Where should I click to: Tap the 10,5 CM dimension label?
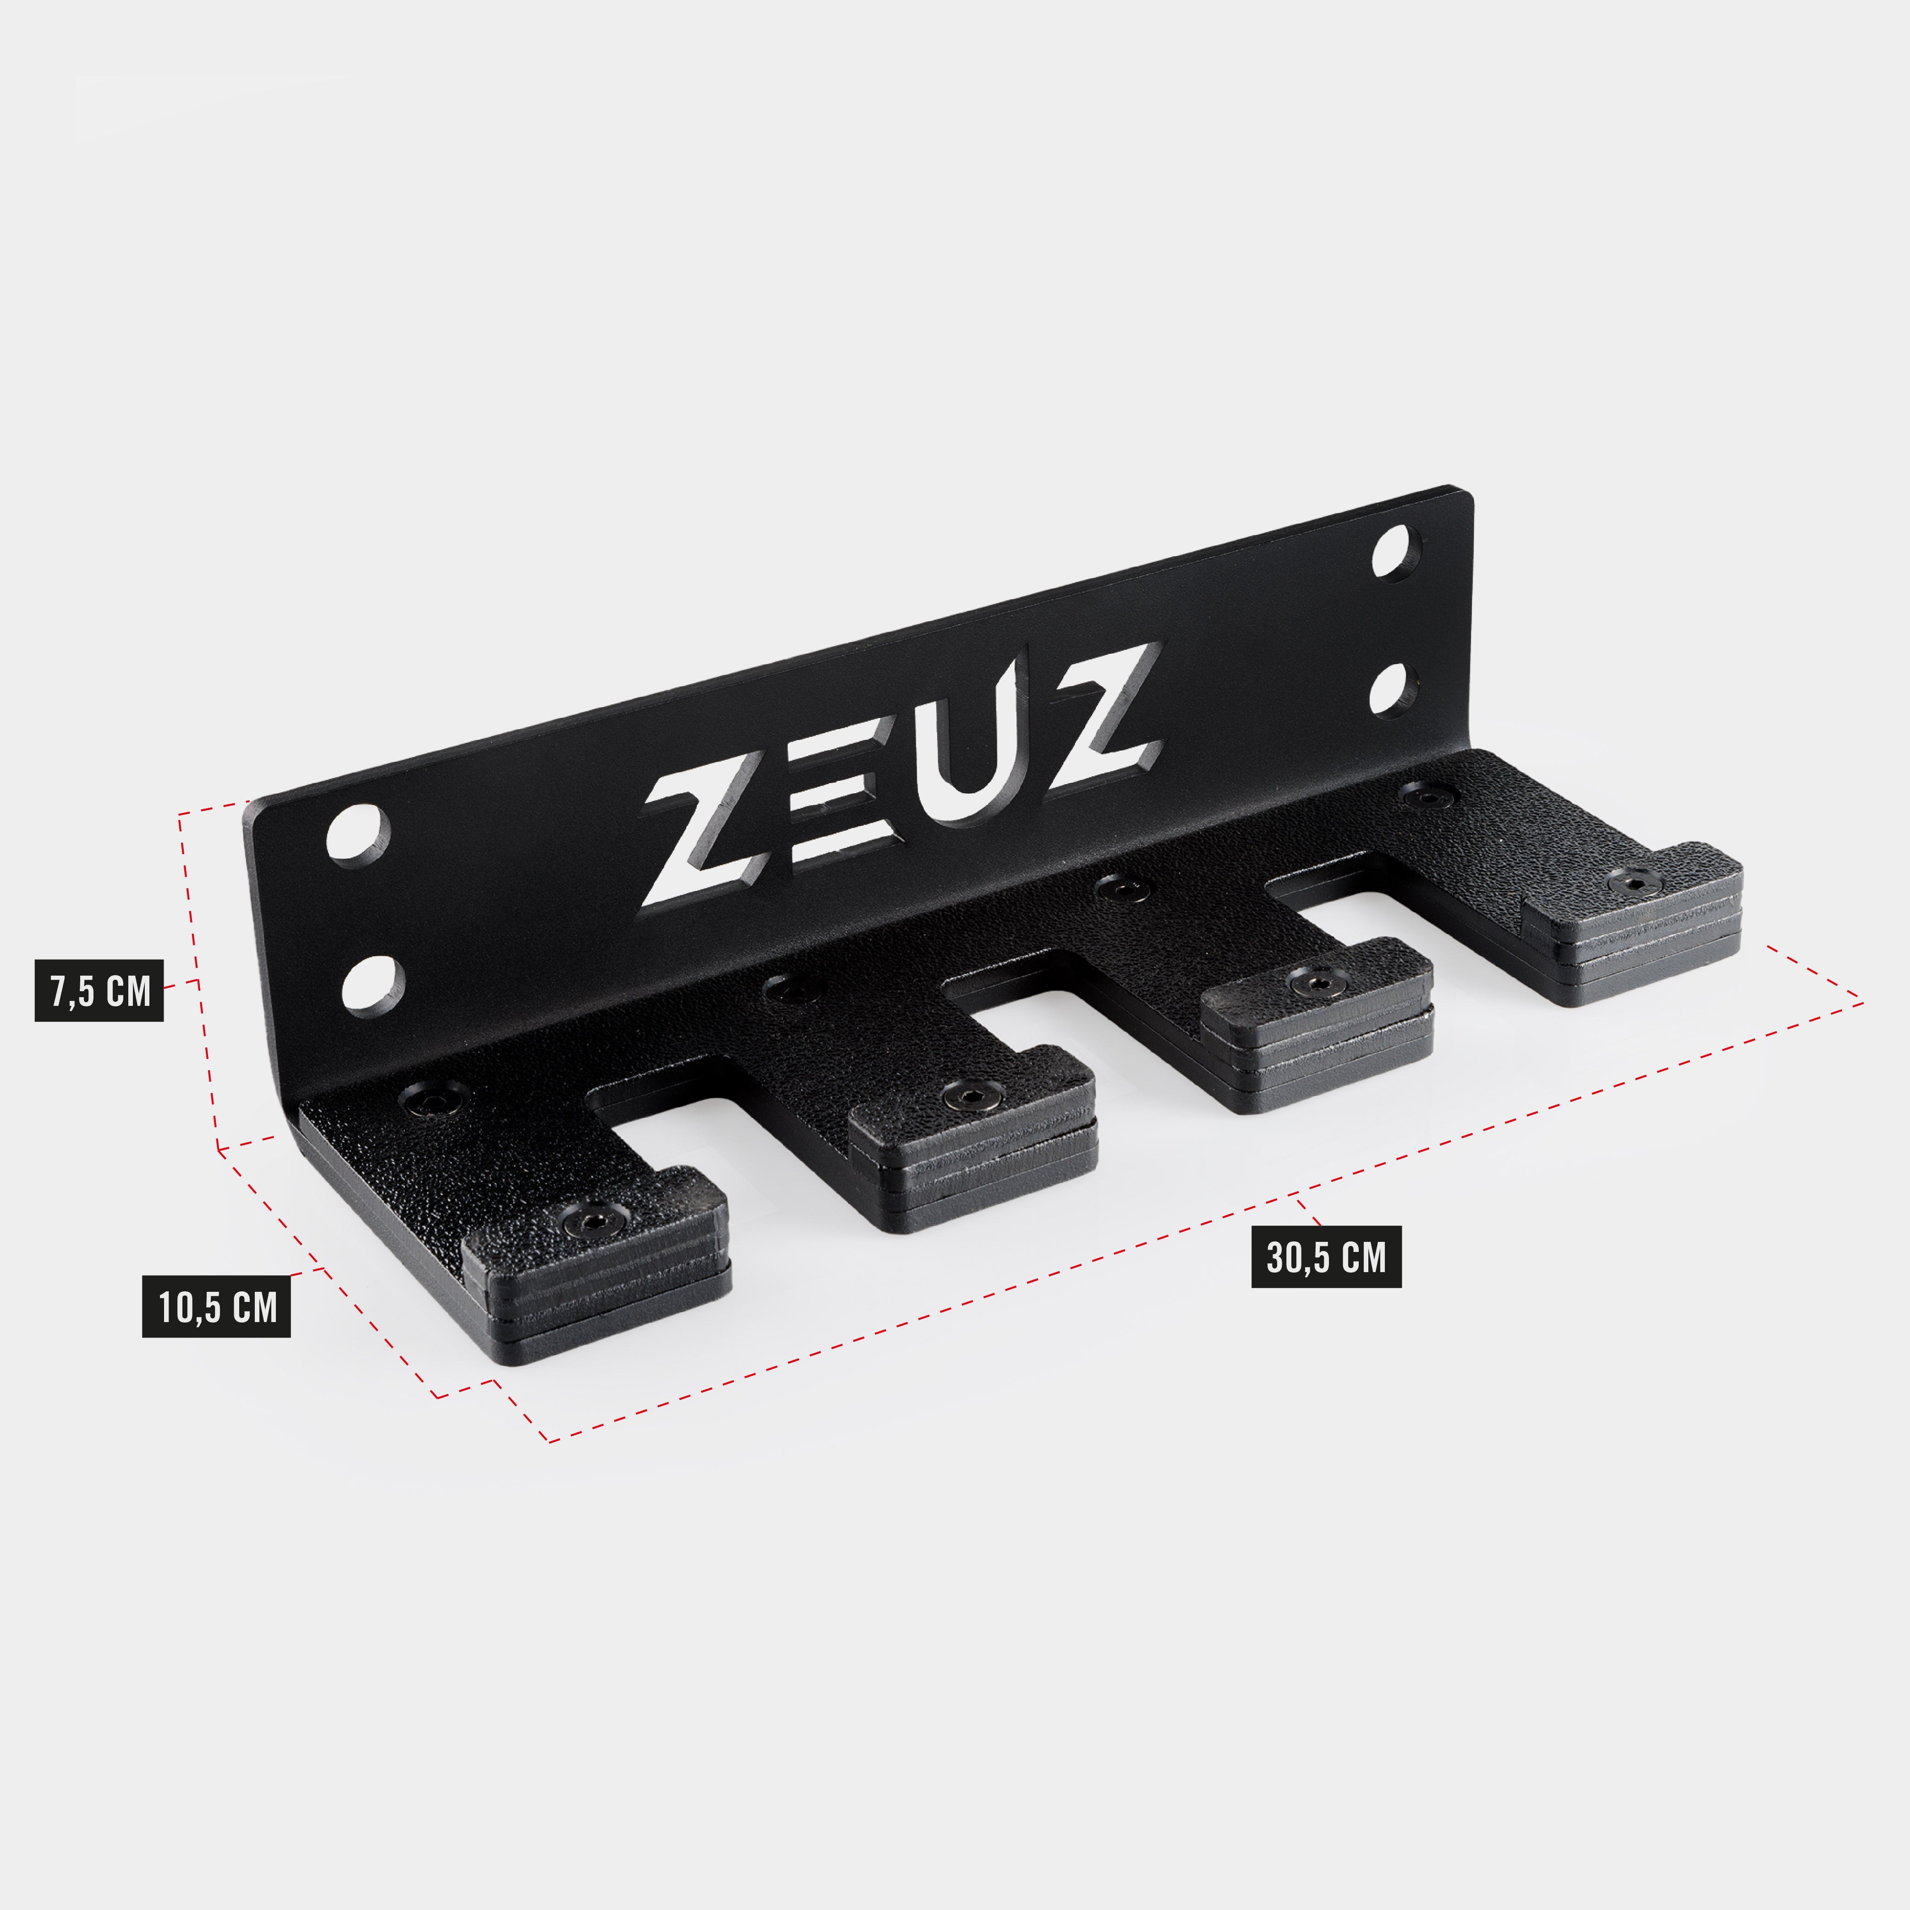click(216, 1308)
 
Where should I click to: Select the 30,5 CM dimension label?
click(1326, 1257)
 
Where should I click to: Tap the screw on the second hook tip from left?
click(971, 1095)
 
